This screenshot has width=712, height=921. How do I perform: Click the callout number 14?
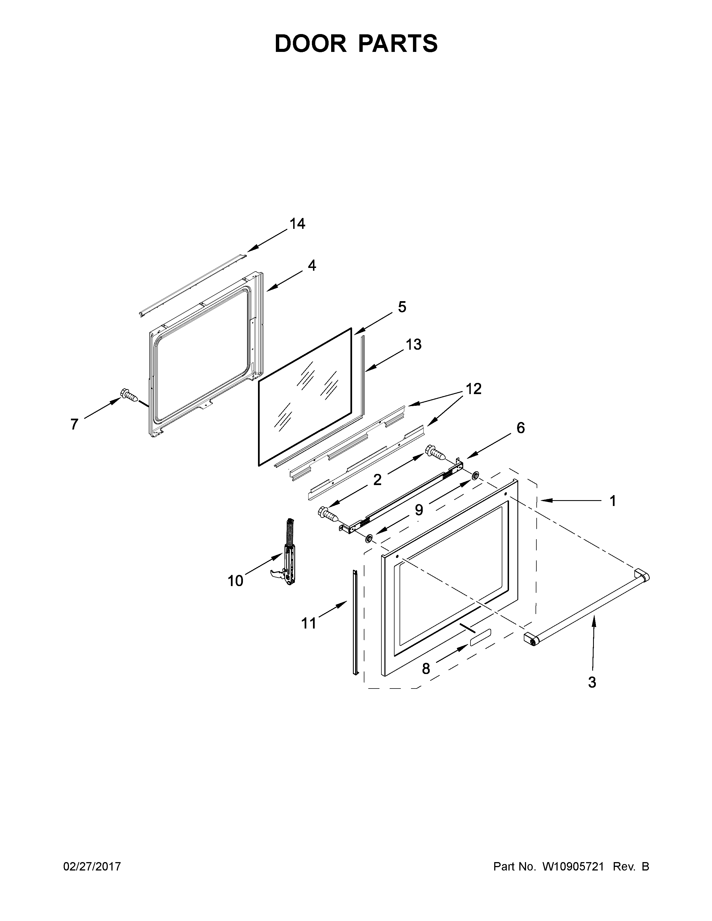tap(297, 224)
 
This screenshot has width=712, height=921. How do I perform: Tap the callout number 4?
tap(312, 265)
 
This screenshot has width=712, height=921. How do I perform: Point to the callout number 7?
tap(74, 424)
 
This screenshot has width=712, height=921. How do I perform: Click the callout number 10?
tap(235, 581)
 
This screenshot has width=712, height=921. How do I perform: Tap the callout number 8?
tap(426, 668)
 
